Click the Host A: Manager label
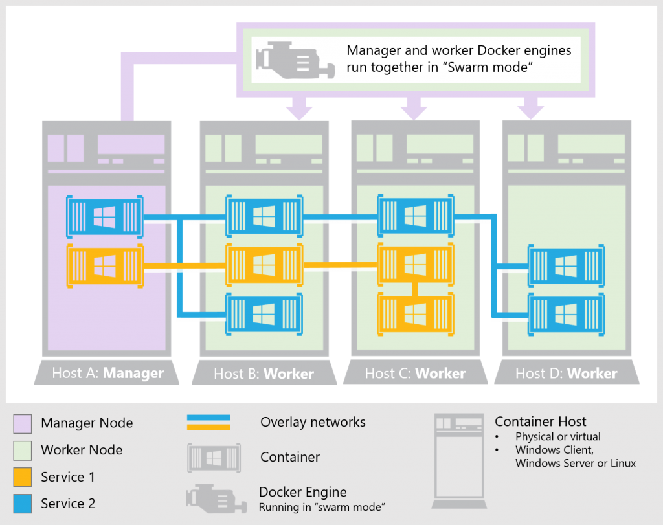click(x=107, y=374)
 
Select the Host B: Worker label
click(x=264, y=374)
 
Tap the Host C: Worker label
click(x=415, y=374)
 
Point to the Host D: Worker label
click(x=566, y=374)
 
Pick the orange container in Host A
click(x=104, y=265)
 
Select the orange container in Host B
click(x=264, y=264)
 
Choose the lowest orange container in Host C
click(x=415, y=314)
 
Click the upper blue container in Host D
click(x=566, y=265)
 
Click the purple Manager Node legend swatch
click(x=23, y=423)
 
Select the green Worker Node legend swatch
click(x=23, y=451)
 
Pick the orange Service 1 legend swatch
click(x=23, y=478)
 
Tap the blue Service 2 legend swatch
click(x=23, y=504)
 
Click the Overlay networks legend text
click(x=313, y=422)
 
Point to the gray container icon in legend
click(x=214, y=457)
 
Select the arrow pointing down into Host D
click(x=530, y=107)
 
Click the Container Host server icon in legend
click(x=458, y=460)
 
